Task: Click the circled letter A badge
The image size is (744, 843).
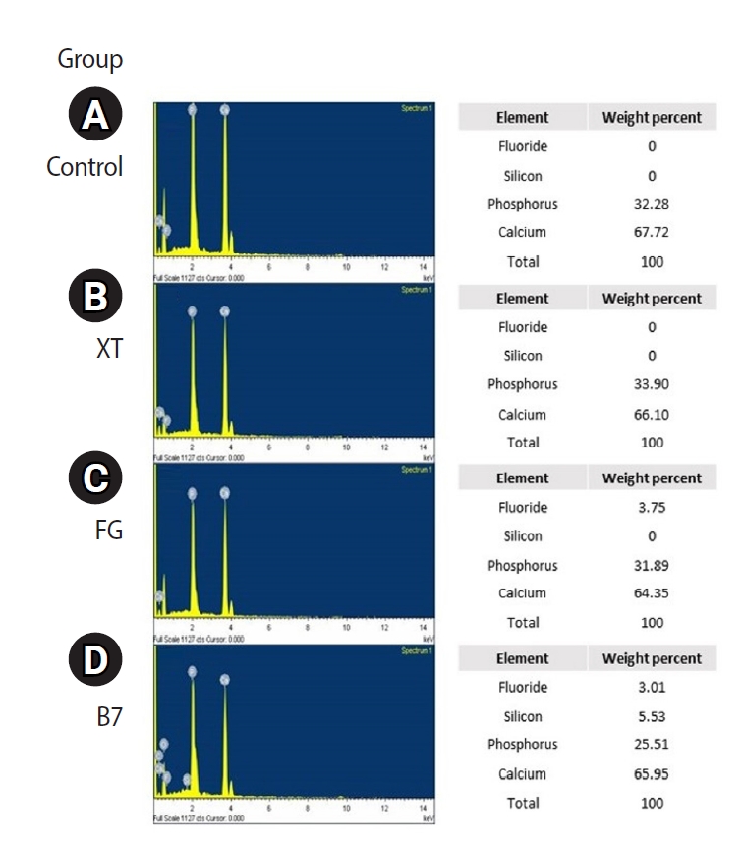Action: pos(93,117)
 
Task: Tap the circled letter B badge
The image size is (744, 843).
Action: pos(93,298)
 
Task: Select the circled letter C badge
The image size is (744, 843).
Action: pos(93,478)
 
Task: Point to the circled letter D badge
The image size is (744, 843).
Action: pos(93,659)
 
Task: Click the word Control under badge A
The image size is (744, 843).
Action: pos(85,166)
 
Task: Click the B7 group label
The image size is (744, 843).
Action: pos(108,715)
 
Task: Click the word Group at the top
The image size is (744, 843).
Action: pos(90,59)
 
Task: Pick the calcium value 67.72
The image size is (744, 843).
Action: pos(652,233)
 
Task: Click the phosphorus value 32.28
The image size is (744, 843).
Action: pos(652,204)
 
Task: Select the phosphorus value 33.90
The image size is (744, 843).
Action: pos(652,384)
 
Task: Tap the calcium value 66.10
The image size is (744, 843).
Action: pos(652,414)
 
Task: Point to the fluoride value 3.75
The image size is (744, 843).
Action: pos(652,507)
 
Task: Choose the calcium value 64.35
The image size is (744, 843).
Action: pos(652,592)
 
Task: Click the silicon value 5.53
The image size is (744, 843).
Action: pos(652,716)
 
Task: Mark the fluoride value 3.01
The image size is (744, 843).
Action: pos(652,687)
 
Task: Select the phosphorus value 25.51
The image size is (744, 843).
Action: pos(652,744)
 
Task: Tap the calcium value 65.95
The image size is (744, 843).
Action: pos(652,773)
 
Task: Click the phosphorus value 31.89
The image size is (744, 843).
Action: pos(652,565)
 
